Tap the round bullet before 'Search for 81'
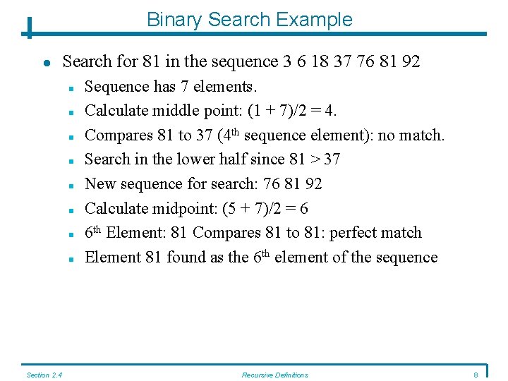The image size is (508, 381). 46,62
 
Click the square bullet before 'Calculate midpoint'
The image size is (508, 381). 71,210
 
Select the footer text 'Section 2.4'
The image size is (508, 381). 44,375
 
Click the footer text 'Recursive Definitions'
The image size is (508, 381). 274,375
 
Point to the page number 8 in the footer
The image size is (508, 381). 476,375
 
